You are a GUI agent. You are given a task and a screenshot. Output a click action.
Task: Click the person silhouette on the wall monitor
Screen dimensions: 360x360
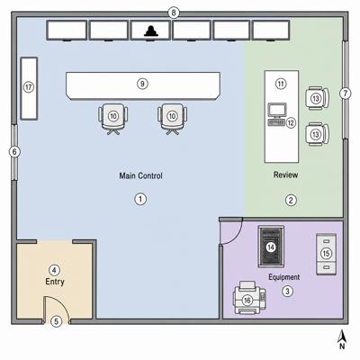[x=151, y=31]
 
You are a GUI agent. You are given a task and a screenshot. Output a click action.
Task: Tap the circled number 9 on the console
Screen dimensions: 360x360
[x=142, y=84]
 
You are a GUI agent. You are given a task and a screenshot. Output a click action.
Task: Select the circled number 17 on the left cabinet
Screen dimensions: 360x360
[x=29, y=87]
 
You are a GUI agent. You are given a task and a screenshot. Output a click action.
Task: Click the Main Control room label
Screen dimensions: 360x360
[x=140, y=175]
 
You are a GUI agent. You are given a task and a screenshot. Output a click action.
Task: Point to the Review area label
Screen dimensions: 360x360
[x=285, y=175]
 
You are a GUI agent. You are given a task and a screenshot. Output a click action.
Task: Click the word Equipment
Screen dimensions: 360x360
[x=283, y=277]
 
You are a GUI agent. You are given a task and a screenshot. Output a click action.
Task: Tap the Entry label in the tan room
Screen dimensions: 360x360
[x=55, y=282]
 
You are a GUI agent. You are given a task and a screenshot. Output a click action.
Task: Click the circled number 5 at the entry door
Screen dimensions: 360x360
[x=56, y=321]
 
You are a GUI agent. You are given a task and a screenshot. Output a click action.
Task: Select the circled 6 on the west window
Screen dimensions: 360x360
[x=14, y=152]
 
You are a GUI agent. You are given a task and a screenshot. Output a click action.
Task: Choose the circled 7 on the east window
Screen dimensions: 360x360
[x=346, y=94]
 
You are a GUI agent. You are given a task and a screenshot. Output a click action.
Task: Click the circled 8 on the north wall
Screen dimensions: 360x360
[x=174, y=13]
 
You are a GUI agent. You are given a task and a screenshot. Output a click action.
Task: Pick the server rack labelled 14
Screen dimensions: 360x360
[x=271, y=247]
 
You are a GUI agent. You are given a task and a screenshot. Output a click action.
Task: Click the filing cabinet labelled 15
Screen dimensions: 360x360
[x=326, y=254]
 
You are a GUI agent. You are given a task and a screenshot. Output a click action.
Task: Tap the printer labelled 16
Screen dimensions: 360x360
[x=249, y=298]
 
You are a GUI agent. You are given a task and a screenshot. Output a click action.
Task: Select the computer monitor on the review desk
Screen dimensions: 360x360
[x=277, y=110]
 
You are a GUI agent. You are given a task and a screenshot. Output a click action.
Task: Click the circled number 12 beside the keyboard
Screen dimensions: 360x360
[x=291, y=122]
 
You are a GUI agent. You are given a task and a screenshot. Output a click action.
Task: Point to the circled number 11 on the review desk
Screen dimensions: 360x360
[x=281, y=84]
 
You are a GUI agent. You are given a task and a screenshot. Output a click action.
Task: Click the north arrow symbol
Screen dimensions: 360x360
[x=342, y=339]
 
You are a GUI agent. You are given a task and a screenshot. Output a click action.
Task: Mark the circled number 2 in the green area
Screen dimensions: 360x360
[x=291, y=200]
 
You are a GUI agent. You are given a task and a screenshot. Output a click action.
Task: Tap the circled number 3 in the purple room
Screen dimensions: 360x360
[x=288, y=291]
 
